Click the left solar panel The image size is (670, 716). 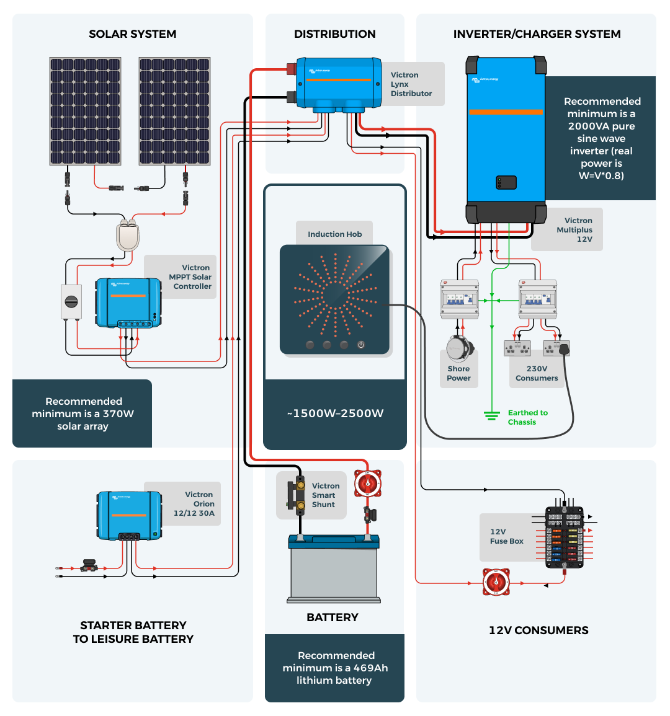pos(86,112)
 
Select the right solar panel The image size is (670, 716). pos(174,112)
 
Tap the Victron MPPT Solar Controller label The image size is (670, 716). pos(190,277)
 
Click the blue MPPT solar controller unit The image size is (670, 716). pos(128,303)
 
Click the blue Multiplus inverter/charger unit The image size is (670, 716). pos(506,139)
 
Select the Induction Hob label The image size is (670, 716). pos(334,234)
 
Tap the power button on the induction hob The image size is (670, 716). pos(361,345)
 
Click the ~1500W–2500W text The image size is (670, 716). pos(335,413)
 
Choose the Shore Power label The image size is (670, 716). pos(458,373)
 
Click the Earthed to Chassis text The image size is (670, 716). pos(527,417)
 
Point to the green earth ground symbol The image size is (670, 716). pos(492,415)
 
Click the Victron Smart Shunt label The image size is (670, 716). pos(325,495)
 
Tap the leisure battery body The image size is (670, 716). pos(334,570)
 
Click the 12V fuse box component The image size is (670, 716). pos(564,537)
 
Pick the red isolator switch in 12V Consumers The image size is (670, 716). pos(496,583)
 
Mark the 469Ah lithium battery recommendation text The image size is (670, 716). pos(335,668)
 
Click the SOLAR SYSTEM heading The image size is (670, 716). pos(132,34)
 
